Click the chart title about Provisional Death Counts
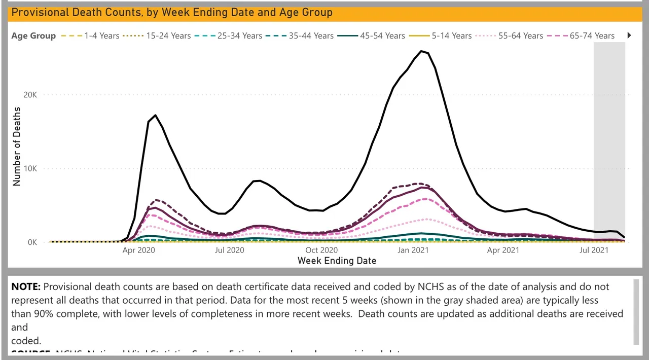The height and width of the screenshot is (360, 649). click(172, 12)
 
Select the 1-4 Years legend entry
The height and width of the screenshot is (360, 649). click(102, 35)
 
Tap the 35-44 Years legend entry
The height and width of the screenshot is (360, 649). click(311, 35)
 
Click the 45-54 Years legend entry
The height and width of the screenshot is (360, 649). click(382, 35)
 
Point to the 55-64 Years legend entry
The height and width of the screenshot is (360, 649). click(520, 35)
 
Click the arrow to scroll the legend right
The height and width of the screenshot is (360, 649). click(629, 35)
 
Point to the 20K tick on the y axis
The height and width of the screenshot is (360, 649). click(30, 95)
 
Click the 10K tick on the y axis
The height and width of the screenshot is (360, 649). click(30, 169)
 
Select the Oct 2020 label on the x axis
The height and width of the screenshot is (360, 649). click(321, 250)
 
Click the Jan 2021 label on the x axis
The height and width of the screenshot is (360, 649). click(412, 250)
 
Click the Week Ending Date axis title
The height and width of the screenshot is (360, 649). click(337, 261)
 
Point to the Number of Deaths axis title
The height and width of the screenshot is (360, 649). click(17, 147)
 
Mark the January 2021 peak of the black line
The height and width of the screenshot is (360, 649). click(421, 51)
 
